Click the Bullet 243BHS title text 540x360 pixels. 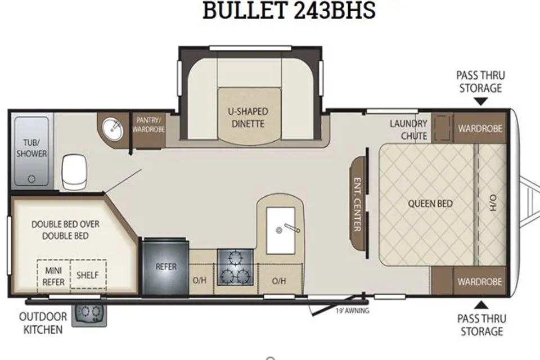tap(289, 10)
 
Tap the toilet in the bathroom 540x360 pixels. tap(74, 172)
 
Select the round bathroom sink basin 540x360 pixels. tap(112, 129)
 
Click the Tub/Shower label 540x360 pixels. tap(31, 148)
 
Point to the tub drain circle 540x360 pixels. tap(31, 179)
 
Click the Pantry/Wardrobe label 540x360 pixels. tap(148, 125)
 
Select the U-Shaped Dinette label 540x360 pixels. tap(248, 118)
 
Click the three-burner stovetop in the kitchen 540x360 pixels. tap(236, 267)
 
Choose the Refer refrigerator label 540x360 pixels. tap(166, 267)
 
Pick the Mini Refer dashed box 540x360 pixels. tap(54, 274)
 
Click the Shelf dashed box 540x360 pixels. tap(88, 274)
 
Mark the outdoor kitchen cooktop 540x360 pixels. tap(89, 315)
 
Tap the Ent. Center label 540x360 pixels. tap(358, 205)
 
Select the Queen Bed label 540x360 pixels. tap(430, 204)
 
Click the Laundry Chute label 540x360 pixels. tap(409, 129)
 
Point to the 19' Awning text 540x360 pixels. tap(352, 310)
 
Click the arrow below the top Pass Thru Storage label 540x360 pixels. tap(481, 101)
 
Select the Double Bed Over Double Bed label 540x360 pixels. tap(65, 230)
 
